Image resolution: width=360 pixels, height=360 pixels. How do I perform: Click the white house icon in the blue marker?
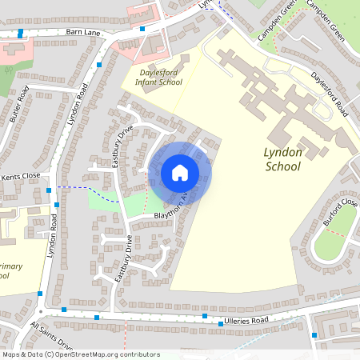[x=179, y=173]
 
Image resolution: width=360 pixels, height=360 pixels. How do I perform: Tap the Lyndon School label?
[x=282, y=158]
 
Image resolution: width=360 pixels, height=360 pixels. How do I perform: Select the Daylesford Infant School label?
[x=159, y=76]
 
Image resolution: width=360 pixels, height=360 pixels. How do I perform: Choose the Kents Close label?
[x=20, y=175]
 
